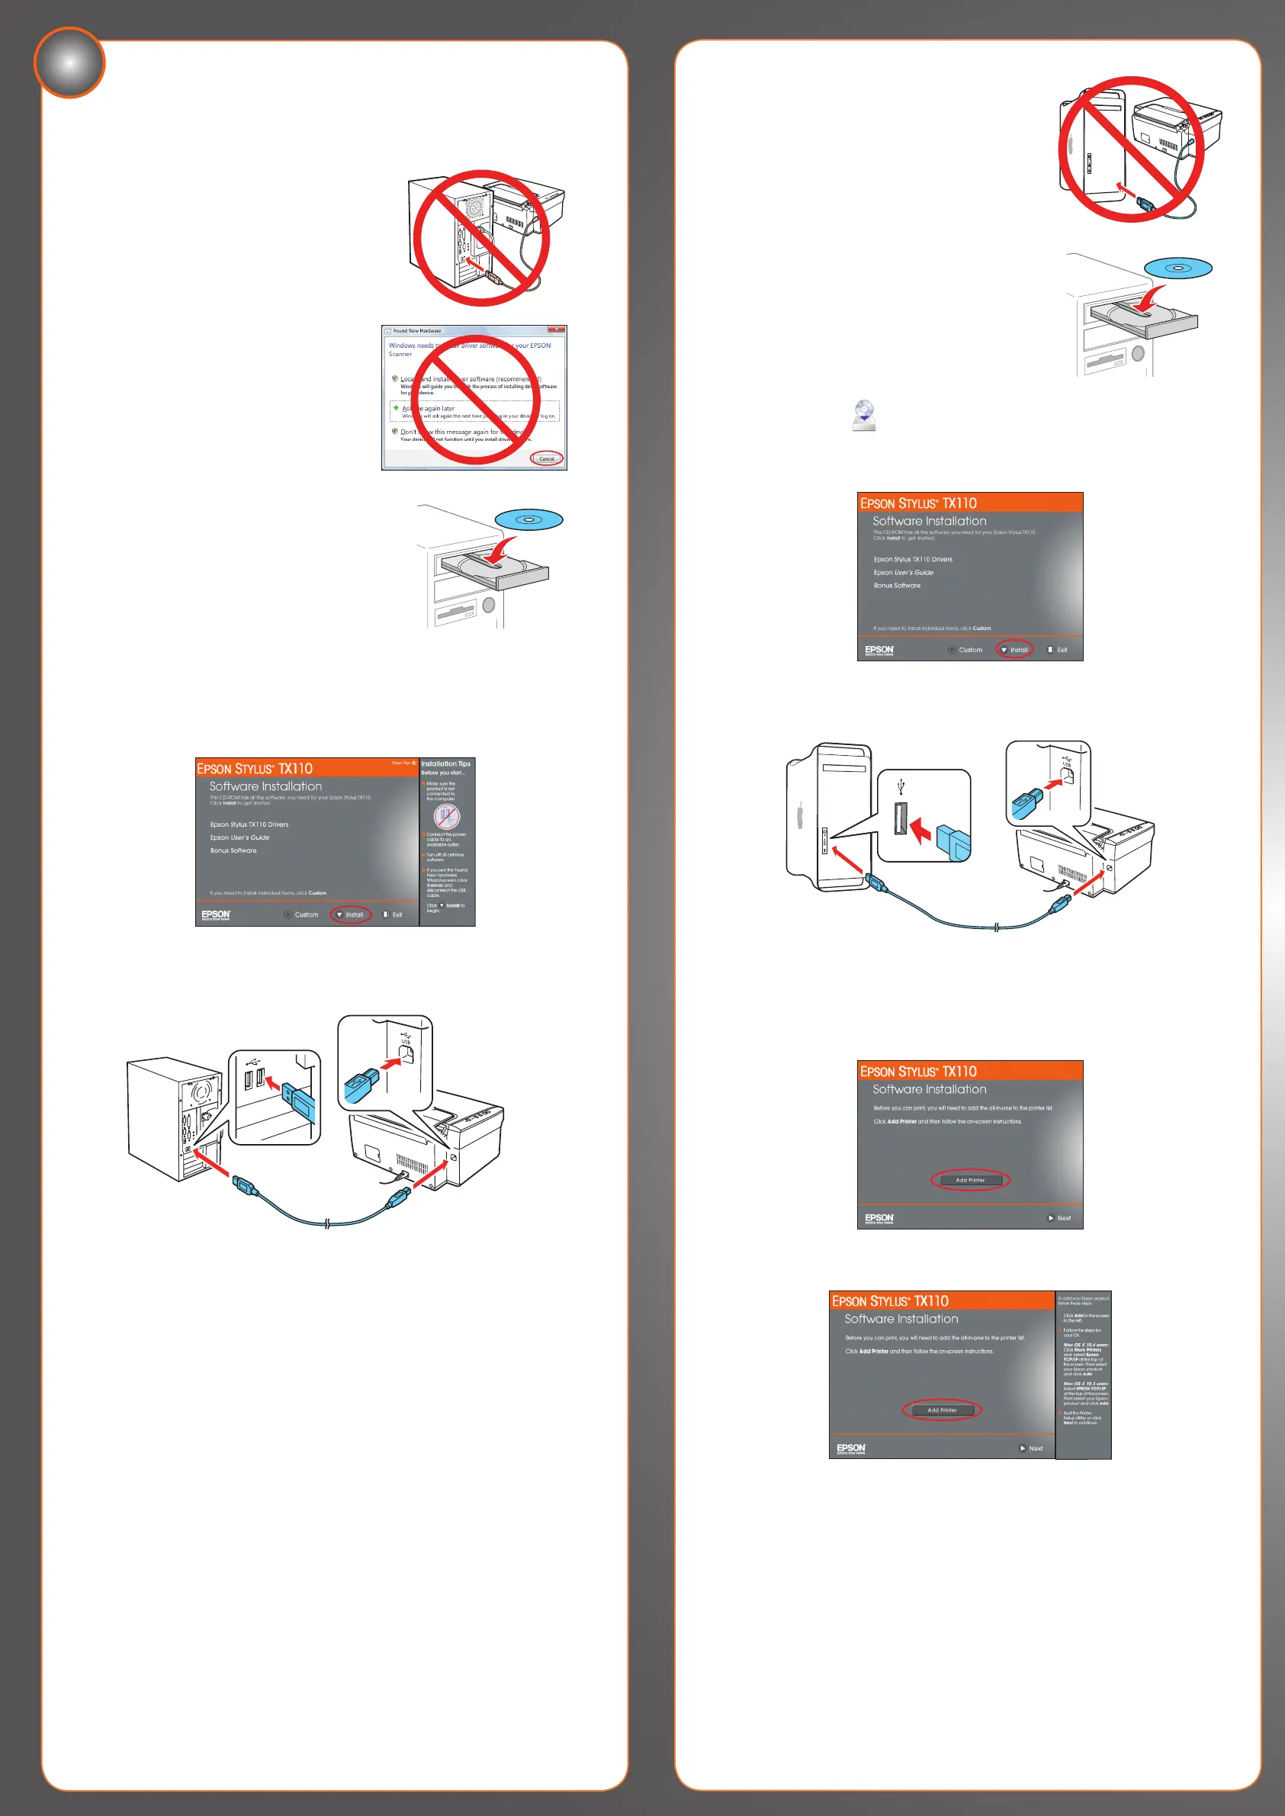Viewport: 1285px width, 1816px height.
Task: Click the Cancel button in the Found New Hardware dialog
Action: pyautogui.click(x=547, y=458)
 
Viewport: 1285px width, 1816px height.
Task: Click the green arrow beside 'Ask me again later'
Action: pyautogui.click(x=396, y=407)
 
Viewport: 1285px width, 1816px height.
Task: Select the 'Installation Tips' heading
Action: pyautogui.click(x=445, y=763)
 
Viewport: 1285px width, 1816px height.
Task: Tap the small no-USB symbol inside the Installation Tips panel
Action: pyautogui.click(x=446, y=816)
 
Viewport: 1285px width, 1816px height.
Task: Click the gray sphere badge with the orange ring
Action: pyautogui.click(x=69, y=63)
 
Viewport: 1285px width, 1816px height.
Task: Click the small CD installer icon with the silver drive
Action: pyautogui.click(x=864, y=416)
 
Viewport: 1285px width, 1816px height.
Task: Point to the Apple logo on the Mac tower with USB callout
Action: pyautogui.click(x=800, y=817)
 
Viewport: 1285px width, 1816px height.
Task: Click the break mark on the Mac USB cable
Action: pyautogui.click(x=996, y=927)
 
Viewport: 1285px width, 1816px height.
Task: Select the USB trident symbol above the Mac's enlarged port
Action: pyautogui.click(x=901, y=787)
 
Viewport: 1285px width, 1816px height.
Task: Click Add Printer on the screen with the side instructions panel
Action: pyautogui.click(x=942, y=1410)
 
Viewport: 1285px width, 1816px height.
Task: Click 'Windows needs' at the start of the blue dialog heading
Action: pyautogui.click(x=410, y=346)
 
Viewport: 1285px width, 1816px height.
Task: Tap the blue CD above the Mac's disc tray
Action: pyautogui.click(x=1177, y=268)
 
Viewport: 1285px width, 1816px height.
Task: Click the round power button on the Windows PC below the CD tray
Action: pyautogui.click(x=488, y=606)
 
